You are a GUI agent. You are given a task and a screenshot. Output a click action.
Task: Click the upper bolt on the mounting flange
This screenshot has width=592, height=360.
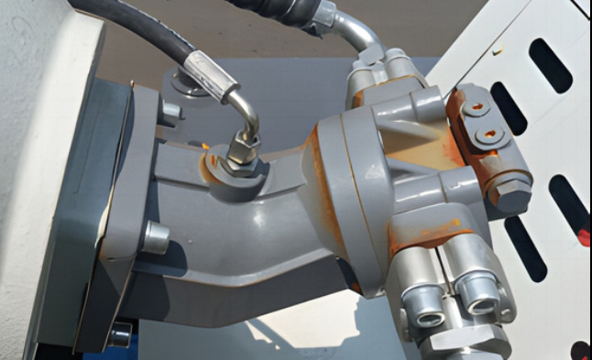pos(170,112)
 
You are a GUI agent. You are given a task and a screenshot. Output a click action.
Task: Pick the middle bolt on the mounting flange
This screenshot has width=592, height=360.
pos(156,237)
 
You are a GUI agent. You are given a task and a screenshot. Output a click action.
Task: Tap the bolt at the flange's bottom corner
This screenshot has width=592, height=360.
pos(120,335)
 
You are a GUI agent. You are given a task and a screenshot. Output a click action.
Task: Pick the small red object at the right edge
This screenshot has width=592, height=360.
pos(584,237)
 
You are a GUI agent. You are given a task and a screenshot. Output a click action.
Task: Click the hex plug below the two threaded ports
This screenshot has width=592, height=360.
pos(467,344)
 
